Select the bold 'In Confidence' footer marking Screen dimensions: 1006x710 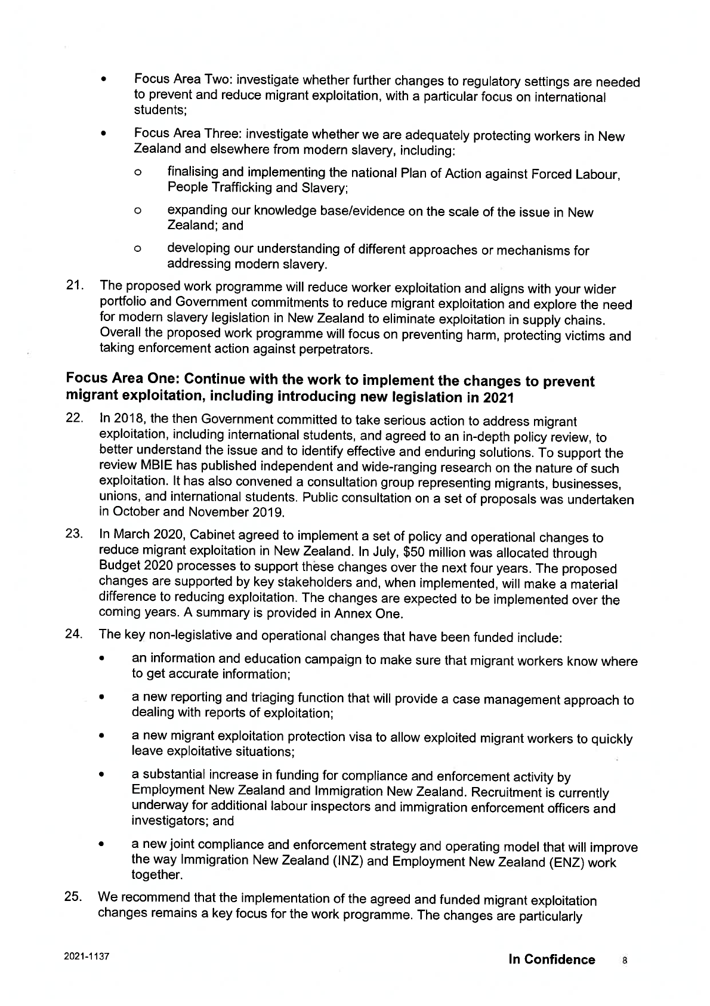[551, 959]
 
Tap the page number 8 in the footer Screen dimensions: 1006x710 [625, 961]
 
